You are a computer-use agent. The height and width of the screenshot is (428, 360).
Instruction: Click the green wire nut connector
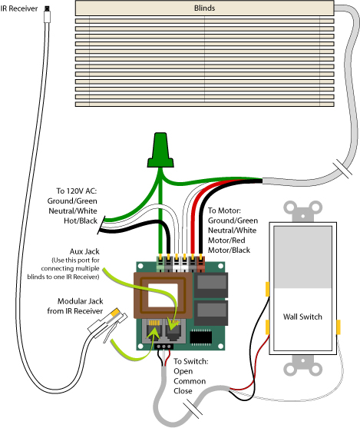pos(160,150)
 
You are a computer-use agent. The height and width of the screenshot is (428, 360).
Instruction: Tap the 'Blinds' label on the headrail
pos(204,8)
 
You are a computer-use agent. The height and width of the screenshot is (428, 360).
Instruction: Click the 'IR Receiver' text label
pos(19,8)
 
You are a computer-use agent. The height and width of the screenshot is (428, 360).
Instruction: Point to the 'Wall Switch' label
pos(302,317)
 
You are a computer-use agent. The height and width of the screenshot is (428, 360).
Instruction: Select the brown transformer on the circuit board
pos(163,295)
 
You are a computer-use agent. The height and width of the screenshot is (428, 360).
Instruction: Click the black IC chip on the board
pos(201,337)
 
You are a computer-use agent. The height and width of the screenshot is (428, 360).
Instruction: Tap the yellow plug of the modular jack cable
pos(116,312)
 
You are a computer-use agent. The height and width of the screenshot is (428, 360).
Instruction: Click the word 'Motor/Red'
pos(226,241)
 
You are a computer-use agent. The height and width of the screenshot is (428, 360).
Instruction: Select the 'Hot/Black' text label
pos(81,221)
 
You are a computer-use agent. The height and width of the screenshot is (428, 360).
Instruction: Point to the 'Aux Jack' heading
pos(84,251)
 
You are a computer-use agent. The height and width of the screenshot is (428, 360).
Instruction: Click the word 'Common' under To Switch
pos(190,381)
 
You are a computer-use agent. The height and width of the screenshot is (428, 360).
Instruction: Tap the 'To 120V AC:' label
pos(76,191)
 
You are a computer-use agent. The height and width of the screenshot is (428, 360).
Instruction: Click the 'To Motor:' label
pos(224,211)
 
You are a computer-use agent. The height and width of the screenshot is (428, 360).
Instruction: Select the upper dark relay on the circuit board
pos(210,285)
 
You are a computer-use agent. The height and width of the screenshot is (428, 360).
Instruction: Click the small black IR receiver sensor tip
pos(47,8)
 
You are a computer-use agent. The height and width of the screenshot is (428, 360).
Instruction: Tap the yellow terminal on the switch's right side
pos(339,327)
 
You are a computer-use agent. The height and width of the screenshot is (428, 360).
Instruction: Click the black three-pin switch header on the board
pos(163,347)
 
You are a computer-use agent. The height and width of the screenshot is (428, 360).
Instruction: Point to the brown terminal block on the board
pos(201,264)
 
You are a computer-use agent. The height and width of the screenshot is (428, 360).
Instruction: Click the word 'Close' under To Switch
pos(183,391)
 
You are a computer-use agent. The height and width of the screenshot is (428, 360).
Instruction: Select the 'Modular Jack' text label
pos(80,301)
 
